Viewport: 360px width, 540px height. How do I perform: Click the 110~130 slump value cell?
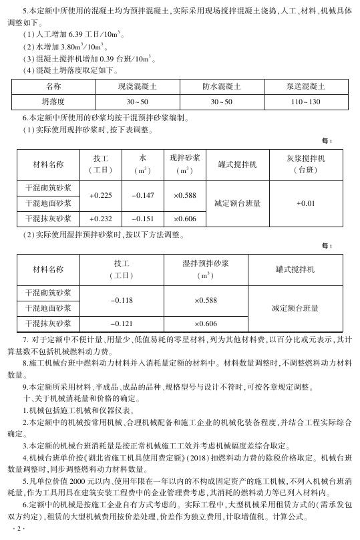tap(305, 102)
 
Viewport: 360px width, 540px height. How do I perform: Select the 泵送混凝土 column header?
tap(305, 87)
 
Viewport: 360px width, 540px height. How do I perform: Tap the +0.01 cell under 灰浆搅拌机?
tap(305, 202)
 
